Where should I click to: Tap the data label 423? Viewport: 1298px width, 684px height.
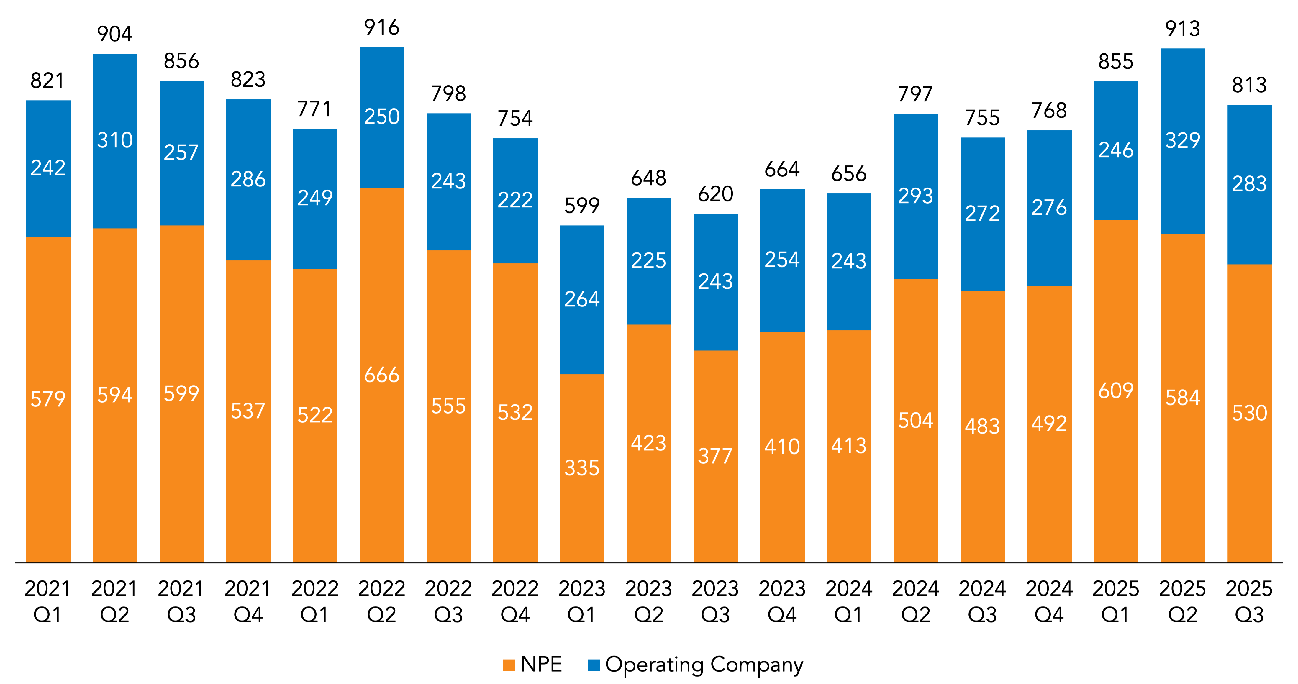pyautogui.click(x=648, y=443)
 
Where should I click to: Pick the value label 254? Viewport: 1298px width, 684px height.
pyautogui.click(x=782, y=260)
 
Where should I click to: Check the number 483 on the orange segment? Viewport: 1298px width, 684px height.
pyautogui.click(x=982, y=427)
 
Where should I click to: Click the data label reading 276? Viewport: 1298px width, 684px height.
pyautogui.click(x=1049, y=208)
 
